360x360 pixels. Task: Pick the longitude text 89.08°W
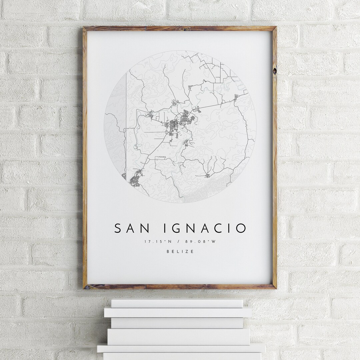[x=204, y=242]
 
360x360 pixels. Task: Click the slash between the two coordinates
[x=180, y=242]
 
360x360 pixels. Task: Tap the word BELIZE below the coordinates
[x=180, y=252]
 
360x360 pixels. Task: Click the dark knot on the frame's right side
[x=274, y=71]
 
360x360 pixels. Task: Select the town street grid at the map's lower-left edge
[x=135, y=178]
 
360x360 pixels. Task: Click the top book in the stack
[x=177, y=303]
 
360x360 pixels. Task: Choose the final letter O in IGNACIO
[x=241, y=228]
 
